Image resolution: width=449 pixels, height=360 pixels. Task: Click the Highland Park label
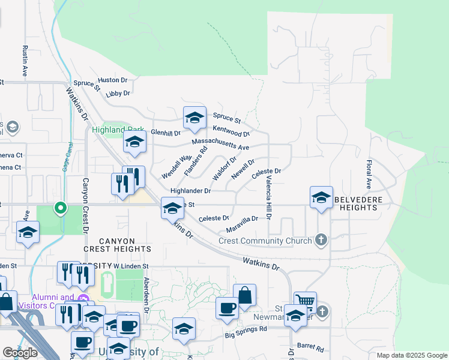109,130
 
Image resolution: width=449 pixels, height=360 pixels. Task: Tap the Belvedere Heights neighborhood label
357,203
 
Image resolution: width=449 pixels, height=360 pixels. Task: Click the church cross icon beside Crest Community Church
321,241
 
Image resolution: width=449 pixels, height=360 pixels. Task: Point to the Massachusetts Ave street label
220,144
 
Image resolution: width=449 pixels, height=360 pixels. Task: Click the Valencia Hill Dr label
269,202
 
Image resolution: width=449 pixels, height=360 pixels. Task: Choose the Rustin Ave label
25,61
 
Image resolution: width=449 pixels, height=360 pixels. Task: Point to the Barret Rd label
311,347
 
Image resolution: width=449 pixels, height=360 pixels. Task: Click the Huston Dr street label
113,80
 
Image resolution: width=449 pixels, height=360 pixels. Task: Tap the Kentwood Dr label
231,131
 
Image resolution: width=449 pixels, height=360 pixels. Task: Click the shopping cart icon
305,301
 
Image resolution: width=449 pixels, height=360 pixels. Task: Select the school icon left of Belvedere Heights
321,197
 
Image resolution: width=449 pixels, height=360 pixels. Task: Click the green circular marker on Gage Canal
61,208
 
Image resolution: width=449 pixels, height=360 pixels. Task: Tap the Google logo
20,353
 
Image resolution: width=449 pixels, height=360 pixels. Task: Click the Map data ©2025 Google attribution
411,355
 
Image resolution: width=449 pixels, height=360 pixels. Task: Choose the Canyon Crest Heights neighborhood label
117,244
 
